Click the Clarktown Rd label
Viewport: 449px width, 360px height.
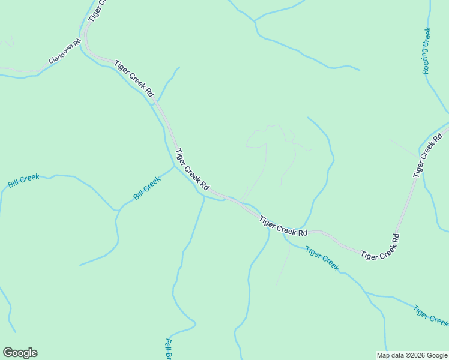(x=65, y=52)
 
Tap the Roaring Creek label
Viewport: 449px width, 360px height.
(x=427, y=50)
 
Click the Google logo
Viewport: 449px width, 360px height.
(x=20, y=353)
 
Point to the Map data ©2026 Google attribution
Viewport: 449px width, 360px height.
(x=412, y=355)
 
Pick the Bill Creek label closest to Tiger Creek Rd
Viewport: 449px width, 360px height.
(x=147, y=188)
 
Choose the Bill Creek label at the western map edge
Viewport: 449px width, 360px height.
(x=23, y=181)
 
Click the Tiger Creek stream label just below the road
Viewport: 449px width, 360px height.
(x=322, y=258)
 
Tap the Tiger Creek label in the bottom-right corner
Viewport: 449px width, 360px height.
(x=430, y=316)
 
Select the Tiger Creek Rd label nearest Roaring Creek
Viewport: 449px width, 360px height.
(x=427, y=155)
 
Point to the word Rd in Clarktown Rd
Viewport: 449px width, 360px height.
(x=76, y=45)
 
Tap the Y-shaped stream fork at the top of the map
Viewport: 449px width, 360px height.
(x=255, y=22)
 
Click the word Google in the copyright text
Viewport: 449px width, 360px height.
(x=435, y=355)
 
